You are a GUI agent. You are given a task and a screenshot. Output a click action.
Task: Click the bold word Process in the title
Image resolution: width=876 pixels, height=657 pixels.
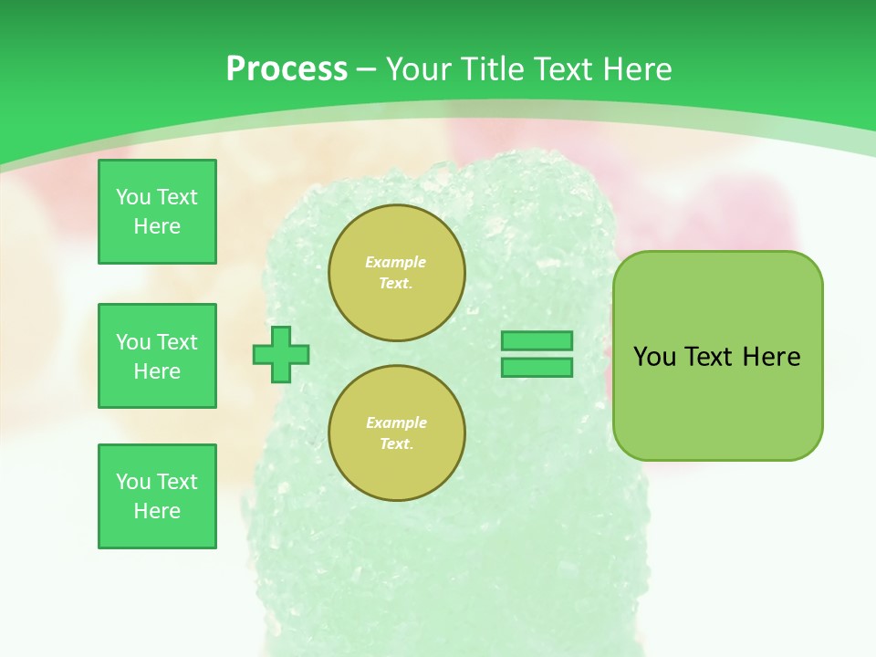point(287,69)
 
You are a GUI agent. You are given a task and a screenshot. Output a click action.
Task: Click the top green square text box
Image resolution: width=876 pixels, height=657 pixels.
point(157,212)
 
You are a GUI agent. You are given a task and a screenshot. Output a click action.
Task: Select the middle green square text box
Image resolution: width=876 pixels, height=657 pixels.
point(157,356)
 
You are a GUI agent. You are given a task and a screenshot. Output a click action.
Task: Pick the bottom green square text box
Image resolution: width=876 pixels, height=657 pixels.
point(157,496)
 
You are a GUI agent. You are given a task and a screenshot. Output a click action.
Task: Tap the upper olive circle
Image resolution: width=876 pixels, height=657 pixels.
point(396,273)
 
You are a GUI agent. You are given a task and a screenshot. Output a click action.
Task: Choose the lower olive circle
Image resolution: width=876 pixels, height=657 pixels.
point(396,433)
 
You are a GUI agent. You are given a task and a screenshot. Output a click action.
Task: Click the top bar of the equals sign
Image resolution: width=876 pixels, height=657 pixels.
point(537,341)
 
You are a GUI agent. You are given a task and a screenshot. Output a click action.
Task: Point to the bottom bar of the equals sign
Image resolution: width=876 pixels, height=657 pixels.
point(537,368)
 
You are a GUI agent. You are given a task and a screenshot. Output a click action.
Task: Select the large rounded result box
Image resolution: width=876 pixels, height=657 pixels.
point(717,356)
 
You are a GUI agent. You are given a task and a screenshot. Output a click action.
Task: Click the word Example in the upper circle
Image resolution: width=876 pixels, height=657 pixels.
point(396,262)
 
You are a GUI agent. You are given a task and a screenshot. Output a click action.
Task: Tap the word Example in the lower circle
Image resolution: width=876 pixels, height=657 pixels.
point(396,422)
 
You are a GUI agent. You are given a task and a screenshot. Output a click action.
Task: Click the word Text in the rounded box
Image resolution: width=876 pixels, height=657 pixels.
point(709,357)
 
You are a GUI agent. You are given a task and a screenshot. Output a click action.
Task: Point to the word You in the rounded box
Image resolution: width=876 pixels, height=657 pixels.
point(654,357)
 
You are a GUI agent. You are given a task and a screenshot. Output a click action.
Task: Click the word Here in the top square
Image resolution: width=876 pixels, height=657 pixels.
point(157,226)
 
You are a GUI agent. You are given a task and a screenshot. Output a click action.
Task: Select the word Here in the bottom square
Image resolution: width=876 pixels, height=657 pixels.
point(157,511)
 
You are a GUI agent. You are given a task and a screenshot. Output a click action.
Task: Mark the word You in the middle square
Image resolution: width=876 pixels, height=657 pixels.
point(133,342)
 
